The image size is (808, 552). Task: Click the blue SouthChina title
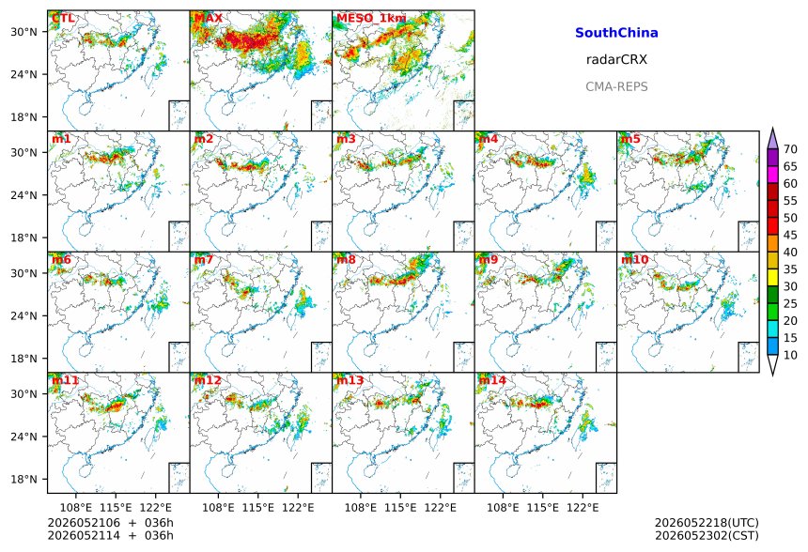coord(616,33)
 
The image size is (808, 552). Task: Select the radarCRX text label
coord(616,60)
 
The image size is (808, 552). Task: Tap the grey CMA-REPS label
coord(616,86)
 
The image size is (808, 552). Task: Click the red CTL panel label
coord(63,18)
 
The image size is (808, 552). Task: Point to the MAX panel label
coord(209,18)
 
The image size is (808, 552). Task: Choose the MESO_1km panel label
coord(371,19)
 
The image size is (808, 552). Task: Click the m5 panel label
coord(630,139)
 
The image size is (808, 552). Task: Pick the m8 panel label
coord(346,259)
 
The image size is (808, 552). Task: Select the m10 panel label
coord(634,259)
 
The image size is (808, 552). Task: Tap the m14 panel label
coord(492,380)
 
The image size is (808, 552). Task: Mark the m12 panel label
coord(208,380)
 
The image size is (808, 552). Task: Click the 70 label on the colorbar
coord(790,149)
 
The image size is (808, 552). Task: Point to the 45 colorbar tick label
coord(790,235)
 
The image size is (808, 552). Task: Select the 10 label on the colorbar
coord(790,355)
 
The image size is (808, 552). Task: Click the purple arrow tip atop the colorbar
coord(772,129)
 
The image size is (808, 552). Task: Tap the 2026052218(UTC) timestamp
coord(707,523)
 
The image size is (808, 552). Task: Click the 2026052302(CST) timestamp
coord(707,535)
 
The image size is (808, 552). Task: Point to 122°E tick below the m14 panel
coord(583,508)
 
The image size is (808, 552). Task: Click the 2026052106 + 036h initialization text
coord(110,523)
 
